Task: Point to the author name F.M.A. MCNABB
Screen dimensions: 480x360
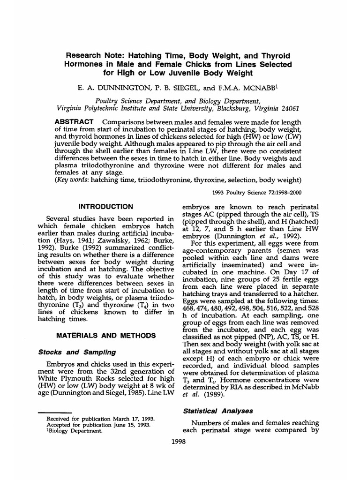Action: click(237, 87)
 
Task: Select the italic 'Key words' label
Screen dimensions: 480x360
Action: click(74, 180)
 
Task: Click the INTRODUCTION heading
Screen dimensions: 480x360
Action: click(105, 206)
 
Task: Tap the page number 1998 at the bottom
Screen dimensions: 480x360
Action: click(180, 442)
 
